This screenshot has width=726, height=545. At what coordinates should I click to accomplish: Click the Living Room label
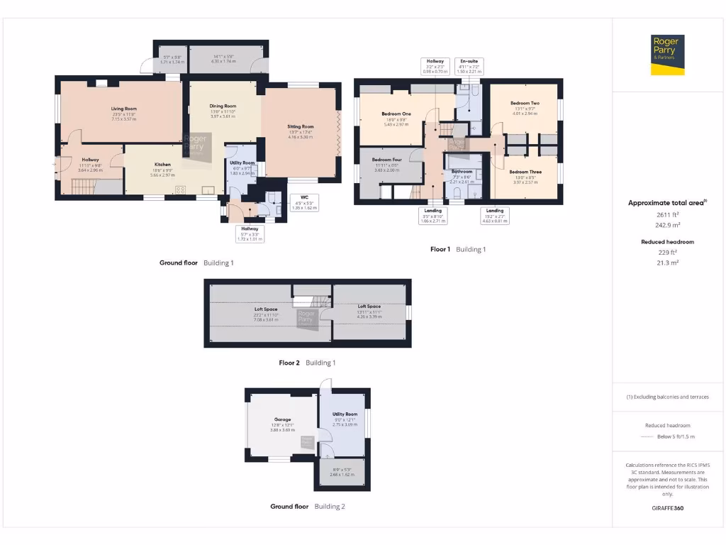tap(124, 109)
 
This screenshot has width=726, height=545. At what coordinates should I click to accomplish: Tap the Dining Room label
tap(223, 106)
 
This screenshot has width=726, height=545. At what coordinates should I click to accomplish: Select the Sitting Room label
tap(300, 127)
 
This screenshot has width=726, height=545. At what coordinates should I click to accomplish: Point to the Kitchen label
tap(163, 165)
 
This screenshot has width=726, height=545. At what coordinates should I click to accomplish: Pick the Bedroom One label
tap(396, 114)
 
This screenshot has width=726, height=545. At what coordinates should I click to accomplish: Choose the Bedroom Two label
tap(525, 104)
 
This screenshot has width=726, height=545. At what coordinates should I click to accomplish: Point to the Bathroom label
tap(462, 172)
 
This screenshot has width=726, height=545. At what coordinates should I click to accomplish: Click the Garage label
tap(283, 419)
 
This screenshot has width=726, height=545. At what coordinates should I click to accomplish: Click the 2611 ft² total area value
tap(666, 214)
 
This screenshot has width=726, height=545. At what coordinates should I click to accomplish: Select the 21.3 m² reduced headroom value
tap(666, 263)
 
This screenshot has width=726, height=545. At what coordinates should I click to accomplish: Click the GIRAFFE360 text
tap(667, 508)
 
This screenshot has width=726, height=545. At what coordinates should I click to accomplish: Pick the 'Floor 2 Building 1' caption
tap(307, 363)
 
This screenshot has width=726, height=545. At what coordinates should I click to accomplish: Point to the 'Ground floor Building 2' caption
tap(308, 507)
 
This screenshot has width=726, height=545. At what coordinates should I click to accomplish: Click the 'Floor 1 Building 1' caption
tap(458, 249)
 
